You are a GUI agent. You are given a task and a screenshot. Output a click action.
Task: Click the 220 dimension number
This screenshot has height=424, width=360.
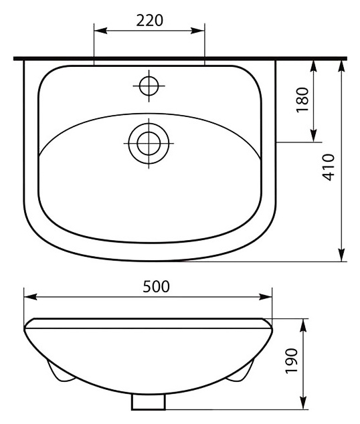click(150, 21)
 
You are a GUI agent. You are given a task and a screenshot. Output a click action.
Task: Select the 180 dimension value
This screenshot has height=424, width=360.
click(302, 100)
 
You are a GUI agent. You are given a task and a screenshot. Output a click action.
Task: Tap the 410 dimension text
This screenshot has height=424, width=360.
click(329, 167)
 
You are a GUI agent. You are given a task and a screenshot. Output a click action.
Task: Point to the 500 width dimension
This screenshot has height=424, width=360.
click(156, 286)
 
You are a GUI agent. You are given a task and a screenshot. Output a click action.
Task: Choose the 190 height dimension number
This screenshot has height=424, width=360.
click(292, 360)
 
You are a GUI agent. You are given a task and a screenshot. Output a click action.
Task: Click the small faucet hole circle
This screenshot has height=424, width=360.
click(149, 86)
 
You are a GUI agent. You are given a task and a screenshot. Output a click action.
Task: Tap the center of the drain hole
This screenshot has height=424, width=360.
click(149, 143)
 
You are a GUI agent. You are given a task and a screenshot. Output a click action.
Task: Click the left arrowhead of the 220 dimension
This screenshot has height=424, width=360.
click(100, 31)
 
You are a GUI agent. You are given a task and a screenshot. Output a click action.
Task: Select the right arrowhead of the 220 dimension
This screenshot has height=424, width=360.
click(197, 31)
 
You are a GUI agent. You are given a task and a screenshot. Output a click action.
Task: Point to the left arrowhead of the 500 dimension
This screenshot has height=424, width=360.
click(30, 297)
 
